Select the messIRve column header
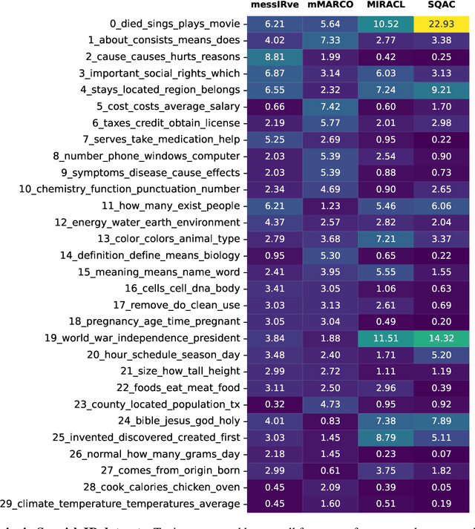[275, 6]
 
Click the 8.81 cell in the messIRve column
[275, 56]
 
